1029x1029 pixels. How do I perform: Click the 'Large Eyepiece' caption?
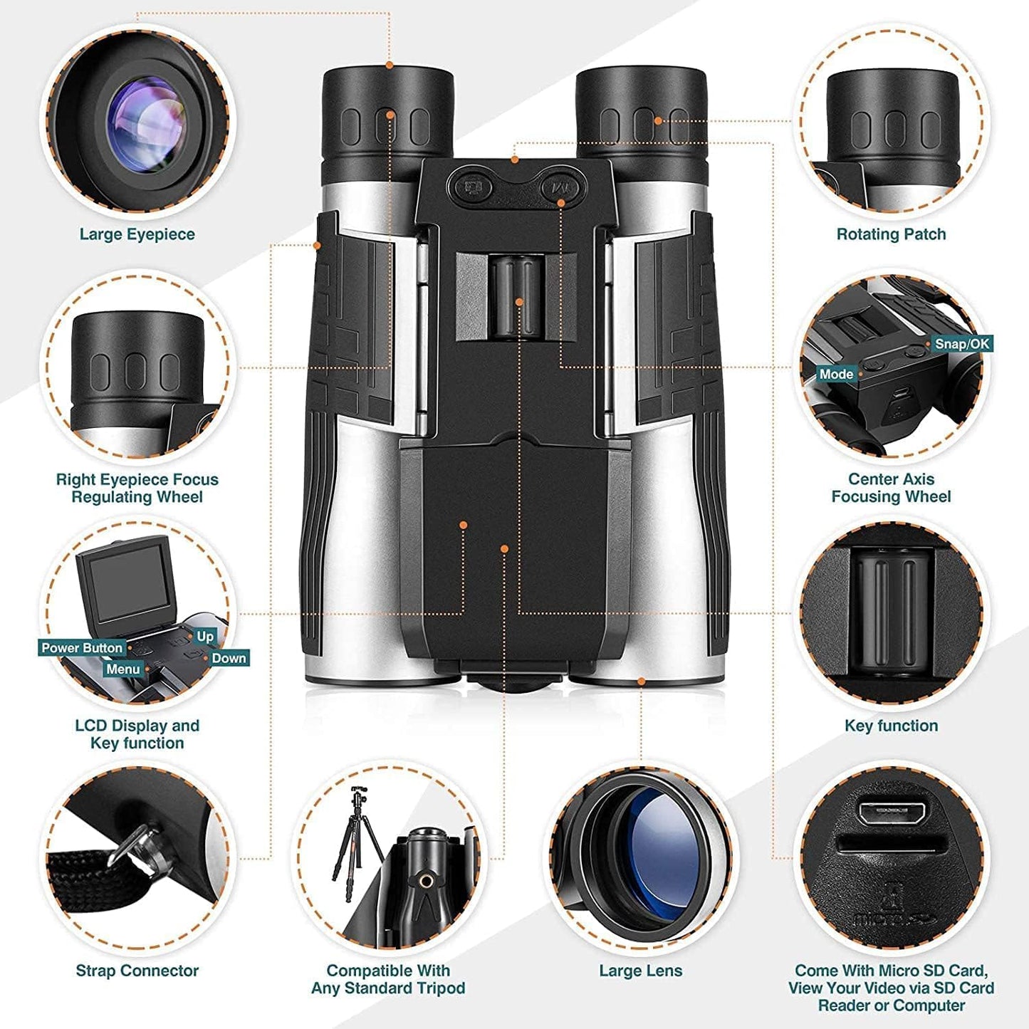137,234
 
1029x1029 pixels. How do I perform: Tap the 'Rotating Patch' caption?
891,234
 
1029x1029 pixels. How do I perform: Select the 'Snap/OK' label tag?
961,344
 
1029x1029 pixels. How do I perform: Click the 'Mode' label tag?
836,374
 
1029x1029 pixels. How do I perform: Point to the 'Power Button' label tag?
82,648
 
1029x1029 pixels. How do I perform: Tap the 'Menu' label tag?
122,669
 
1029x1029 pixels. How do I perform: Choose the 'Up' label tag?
205,637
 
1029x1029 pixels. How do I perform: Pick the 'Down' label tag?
229,659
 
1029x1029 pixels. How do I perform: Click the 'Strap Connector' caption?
137,971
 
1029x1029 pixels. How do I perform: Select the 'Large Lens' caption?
640,971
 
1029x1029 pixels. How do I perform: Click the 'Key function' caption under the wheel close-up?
891,726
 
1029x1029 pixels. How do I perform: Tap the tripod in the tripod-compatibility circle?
352,833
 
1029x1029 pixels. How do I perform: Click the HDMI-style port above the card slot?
892,813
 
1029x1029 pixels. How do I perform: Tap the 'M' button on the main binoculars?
560,189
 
